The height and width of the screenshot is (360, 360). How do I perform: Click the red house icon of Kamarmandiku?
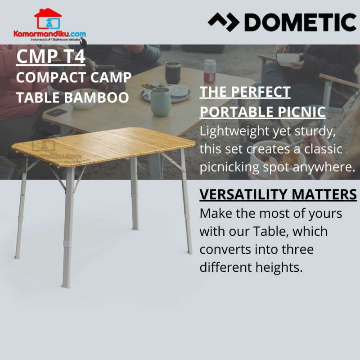(48, 19)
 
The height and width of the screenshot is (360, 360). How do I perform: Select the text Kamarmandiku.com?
(49, 34)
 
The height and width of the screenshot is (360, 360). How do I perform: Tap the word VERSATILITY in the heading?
(243, 194)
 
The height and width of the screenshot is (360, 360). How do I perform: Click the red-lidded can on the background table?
(210, 71)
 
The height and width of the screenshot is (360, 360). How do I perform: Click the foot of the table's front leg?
(66, 284)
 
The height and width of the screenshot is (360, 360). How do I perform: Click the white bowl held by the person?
(288, 59)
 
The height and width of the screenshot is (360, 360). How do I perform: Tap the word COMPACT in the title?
(49, 77)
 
